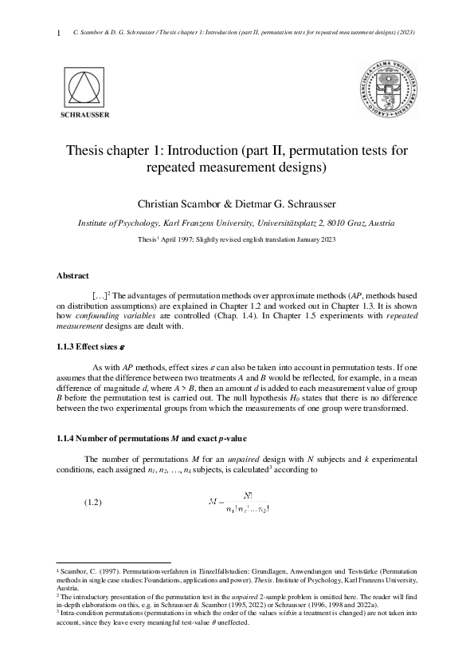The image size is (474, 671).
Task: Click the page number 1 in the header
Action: point(58,33)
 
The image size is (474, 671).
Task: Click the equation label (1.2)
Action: point(94,503)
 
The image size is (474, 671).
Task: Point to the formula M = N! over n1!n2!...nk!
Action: point(238,502)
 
